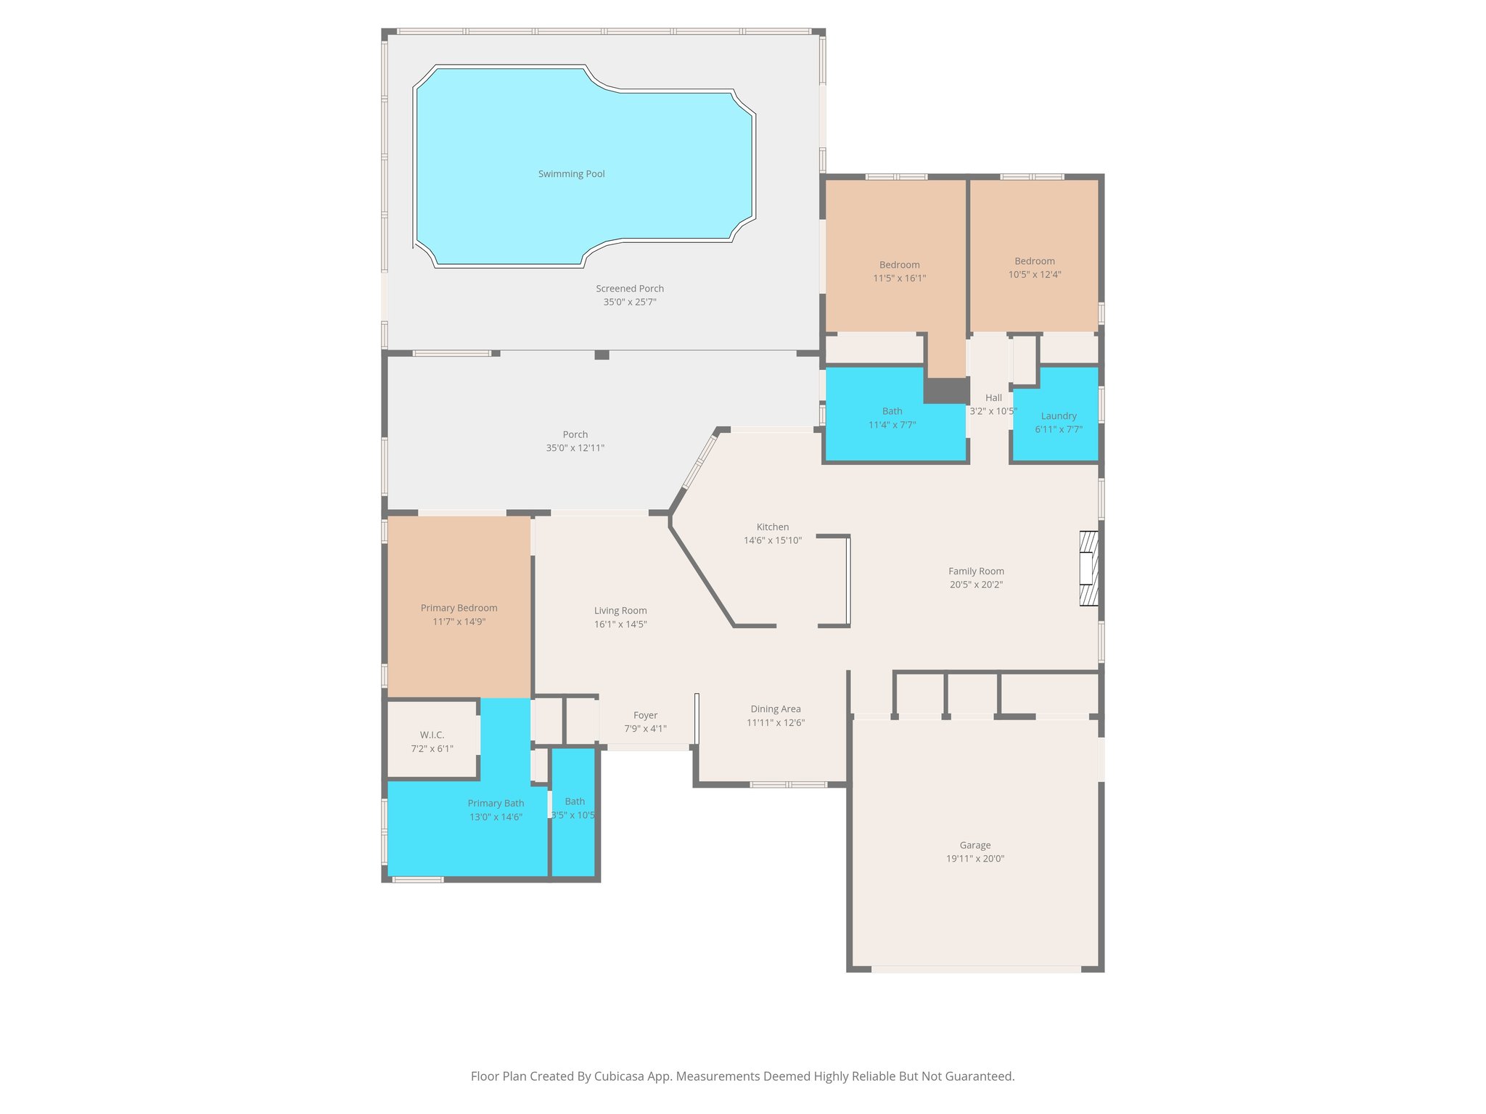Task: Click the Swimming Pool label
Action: click(571, 174)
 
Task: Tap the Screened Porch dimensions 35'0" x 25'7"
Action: click(629, 302)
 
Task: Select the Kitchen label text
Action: click(772, 527)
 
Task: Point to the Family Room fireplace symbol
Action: click(1088, 569)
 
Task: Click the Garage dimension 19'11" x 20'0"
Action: click(974, 859)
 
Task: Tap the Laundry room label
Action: click(1058, 416)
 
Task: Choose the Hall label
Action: click(993, 397)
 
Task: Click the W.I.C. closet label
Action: click(432, 735)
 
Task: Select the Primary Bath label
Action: click(496, 804)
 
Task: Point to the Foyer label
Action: click(645, 716)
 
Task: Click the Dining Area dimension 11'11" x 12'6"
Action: click(775, 722)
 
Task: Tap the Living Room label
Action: click(620, 611)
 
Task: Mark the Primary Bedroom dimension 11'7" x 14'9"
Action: click(459, 622)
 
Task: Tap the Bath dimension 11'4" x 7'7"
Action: click(892, 425)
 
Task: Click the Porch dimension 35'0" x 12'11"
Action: click(575, 448)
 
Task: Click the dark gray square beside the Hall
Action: click(946, 390)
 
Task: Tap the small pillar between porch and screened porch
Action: click(602, 355)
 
